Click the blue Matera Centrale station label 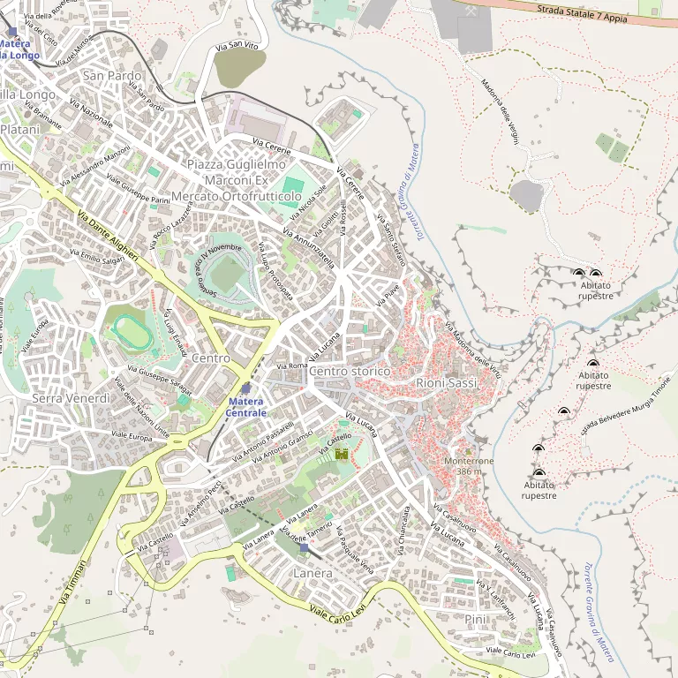coord(245,407)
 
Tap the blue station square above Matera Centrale coord(245,388)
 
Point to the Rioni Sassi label coord(446,383)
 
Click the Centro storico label coord(350,372)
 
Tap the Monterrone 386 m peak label coord(469,466)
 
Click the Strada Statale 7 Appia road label coord(584,11)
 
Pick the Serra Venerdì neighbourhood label coord(71,398)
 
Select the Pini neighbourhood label coord(475,620)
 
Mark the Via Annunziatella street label coord(308,246)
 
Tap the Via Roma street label coord(291,365)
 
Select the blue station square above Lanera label coord(305,548)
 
